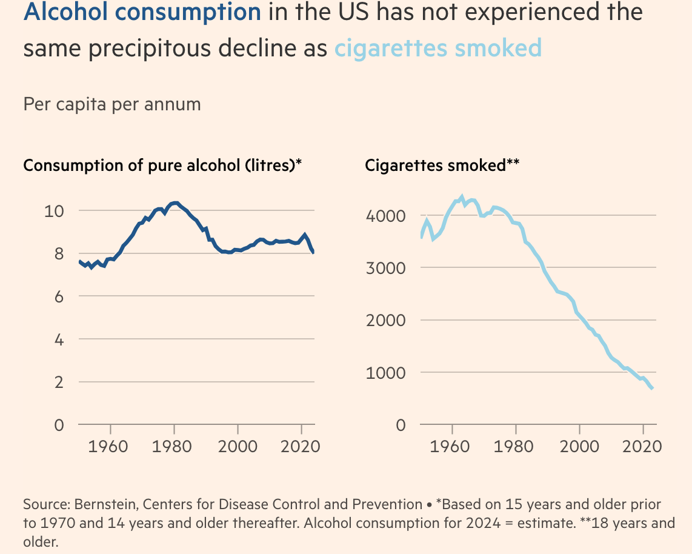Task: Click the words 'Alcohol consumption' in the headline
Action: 142,12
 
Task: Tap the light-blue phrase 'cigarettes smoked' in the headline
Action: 438,48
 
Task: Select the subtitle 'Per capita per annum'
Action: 111,104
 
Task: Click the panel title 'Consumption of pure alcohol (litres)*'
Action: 162,165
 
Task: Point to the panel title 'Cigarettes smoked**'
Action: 442,165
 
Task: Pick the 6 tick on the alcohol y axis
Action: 59,296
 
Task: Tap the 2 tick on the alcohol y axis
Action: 59,382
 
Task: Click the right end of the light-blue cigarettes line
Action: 652,389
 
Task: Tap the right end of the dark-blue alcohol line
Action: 313,252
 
